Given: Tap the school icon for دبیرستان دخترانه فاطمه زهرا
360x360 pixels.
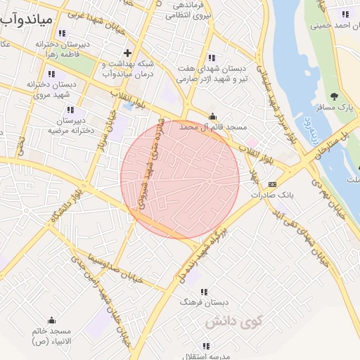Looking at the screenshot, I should point(63,33).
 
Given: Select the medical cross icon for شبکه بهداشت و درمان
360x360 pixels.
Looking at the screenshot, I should point(127,53).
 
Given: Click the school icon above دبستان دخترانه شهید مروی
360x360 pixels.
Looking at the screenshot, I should point(51,74).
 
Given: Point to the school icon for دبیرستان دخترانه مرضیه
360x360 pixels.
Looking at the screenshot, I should point(70,110).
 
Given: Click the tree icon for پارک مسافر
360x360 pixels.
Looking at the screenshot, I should point(334,96).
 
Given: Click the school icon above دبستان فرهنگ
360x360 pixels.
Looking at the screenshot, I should point(204,291).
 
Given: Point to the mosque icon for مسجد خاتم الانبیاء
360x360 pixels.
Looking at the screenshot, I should point(51,320).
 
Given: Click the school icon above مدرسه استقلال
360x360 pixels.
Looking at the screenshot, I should point(206,346).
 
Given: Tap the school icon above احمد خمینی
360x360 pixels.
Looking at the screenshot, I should point(345,14).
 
